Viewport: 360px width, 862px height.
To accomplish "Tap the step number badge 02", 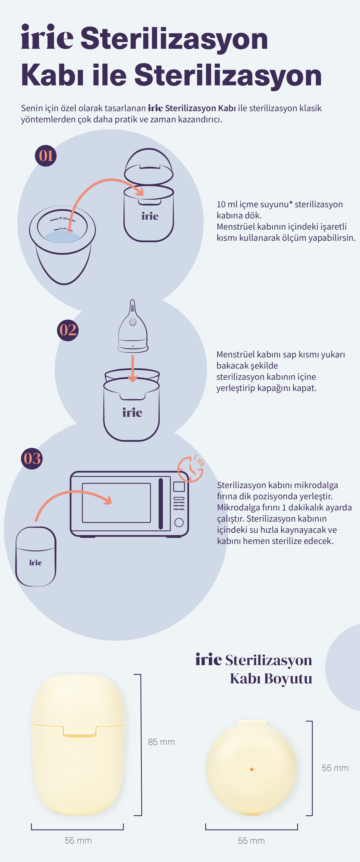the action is tap(68, 330).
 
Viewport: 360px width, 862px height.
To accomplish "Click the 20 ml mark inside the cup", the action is tap(63, 218).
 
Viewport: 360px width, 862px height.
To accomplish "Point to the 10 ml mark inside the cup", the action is tap(63, 229).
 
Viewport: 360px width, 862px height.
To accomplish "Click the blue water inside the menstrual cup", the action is tap(62, 237).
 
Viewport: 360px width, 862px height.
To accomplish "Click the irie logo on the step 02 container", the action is tap(132, 412).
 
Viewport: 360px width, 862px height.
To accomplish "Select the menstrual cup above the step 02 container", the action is tap(133, 326).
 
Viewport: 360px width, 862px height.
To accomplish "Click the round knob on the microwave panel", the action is tap(179, 522).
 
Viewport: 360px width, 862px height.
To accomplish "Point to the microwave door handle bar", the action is tap(160, 504).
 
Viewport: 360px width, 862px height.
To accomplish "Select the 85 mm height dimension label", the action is tap(161, 742).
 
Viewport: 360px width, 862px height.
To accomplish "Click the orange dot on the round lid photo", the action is tap(252, 769).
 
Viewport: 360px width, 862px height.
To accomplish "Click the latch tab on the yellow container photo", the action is tap(80, 732).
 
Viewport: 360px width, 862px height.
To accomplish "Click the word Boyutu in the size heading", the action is tap(288, 678).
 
